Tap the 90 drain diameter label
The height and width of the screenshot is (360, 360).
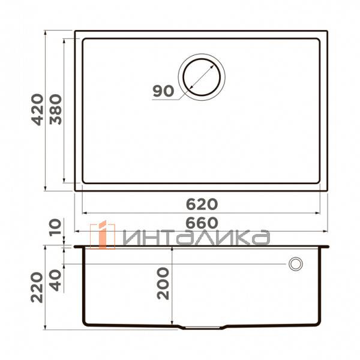pyautogui.click(x=162, y=91)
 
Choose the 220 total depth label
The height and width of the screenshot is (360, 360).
pyautogui.click(x=37, y=287)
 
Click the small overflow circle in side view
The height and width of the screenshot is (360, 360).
pyautogui.click(x=295, y=263)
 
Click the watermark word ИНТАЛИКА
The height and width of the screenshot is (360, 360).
pyautogui.click(x=195, y=238)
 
